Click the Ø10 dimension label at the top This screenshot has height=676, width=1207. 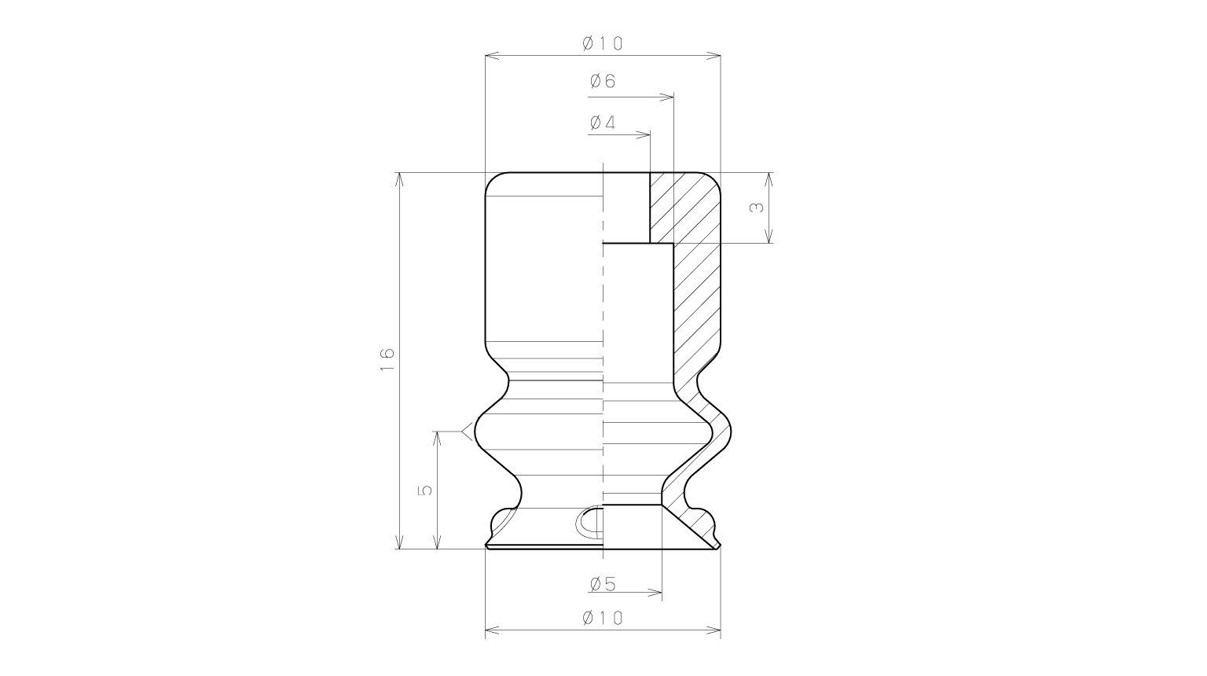[603, 43]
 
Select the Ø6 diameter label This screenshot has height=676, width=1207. [603, 82]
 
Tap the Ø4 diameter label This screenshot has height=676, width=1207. [603, 123]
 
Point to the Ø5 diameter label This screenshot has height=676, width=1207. [603, 584]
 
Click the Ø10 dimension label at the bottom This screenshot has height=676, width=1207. [603, 618]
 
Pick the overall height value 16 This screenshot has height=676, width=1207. [387, 359]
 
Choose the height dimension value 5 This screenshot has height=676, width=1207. [425, 490]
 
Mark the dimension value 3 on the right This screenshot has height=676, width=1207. [757, 208]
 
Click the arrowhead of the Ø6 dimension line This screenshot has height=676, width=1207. [667, 97]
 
